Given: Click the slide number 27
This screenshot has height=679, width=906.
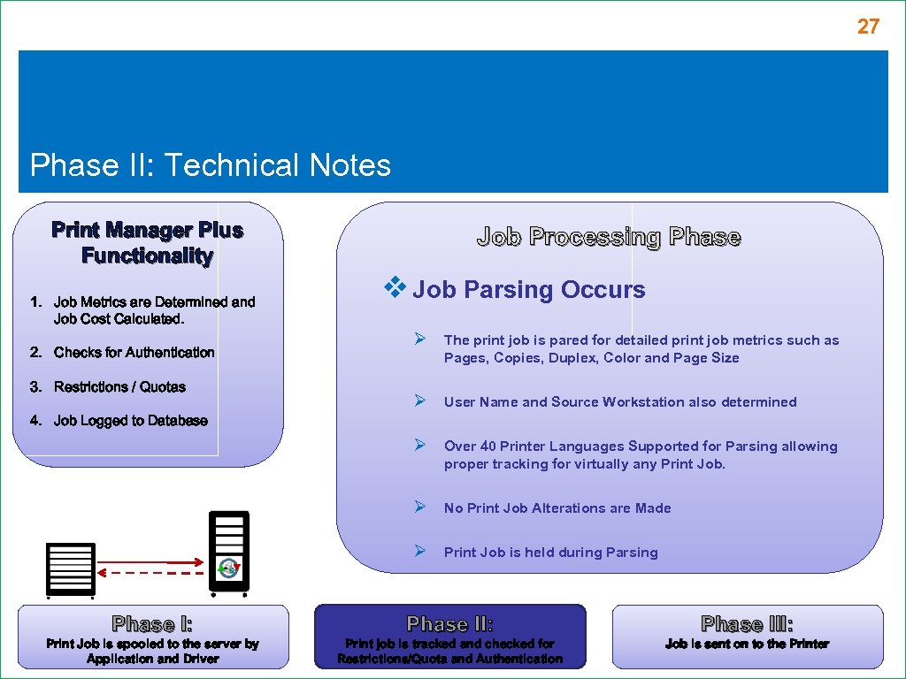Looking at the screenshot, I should point(868,27).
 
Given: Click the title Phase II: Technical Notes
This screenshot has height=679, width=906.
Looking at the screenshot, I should point(211,165).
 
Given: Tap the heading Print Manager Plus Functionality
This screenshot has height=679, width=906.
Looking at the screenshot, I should point(147,243).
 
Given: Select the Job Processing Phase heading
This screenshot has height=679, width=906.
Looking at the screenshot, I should point(609,237).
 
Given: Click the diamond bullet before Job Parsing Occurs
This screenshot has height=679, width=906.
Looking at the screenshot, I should point(394,287).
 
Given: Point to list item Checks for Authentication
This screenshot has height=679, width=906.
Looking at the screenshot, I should point(134,352).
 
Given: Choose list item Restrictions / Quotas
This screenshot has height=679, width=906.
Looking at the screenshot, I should point(119,386).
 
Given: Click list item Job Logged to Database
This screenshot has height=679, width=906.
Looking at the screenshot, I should point(130,421).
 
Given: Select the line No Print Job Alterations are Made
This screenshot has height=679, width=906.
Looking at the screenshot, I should point(557,508).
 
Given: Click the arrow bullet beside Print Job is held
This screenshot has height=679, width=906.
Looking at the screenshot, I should point(421,552).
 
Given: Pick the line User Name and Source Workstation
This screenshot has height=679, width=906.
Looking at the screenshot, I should point(619,402).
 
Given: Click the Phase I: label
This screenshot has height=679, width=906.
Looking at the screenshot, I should point(153,624).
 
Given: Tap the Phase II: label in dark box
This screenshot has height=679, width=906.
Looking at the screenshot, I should point(450,624).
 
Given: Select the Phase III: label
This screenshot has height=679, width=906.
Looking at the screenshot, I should point(747,624).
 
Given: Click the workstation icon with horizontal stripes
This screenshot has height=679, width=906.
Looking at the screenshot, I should point(71,568).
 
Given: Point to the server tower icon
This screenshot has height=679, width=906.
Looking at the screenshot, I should point(229,551).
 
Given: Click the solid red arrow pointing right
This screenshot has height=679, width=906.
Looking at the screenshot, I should point(150,561).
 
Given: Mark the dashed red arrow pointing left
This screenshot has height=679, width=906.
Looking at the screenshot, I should point(150,573).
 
